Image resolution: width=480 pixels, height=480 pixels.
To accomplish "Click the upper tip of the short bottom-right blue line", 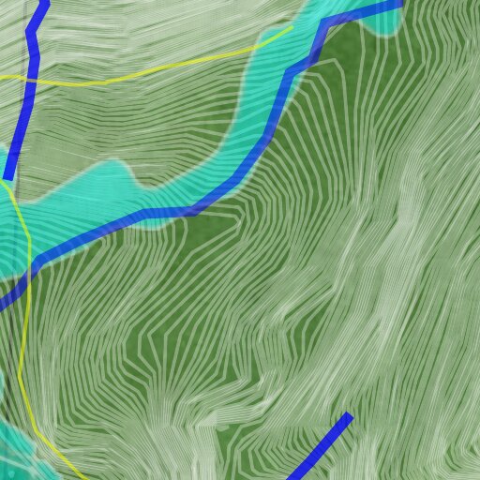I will (x=349, y=415).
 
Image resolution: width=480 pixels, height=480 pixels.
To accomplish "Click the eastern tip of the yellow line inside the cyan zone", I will (x=289, y=28).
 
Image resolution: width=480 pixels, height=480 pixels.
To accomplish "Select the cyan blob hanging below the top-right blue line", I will (x=384, y=24).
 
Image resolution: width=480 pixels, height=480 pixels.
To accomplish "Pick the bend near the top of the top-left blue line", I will (x=33, y=34).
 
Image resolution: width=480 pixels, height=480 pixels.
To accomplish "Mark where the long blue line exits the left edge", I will (x=2, y=304).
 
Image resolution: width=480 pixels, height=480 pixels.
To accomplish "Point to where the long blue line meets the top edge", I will (x=398, y=3).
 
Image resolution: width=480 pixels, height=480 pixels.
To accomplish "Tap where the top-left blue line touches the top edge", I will (x=43, y=2).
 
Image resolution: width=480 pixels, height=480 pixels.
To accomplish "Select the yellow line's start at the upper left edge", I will (x=2, y=76).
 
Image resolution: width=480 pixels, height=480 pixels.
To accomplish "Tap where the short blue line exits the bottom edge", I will (x=291, y=478).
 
